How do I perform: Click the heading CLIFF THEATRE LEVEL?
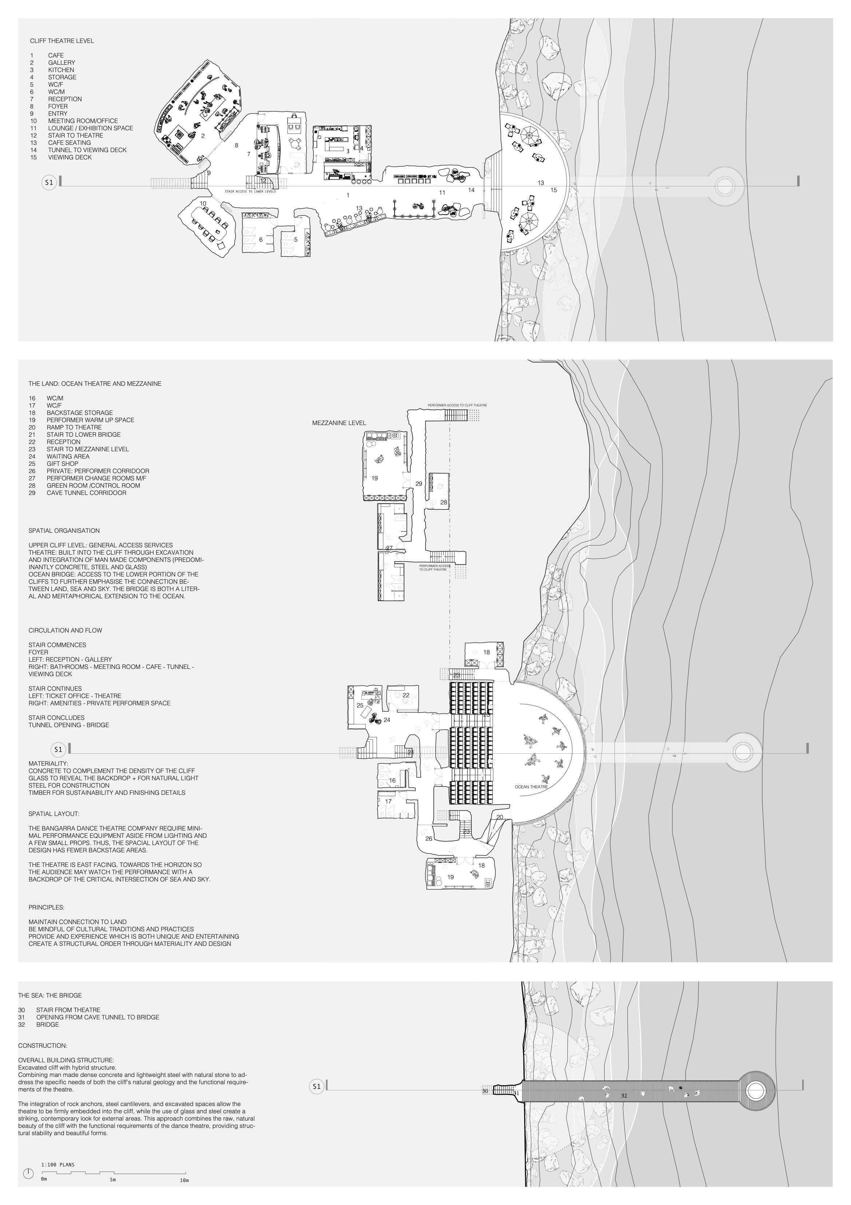[62, 40]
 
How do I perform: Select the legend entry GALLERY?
[62, 63]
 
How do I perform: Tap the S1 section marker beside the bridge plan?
[316, 1086]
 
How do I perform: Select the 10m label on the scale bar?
[184, 1180]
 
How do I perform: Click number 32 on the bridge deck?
[624, 1095]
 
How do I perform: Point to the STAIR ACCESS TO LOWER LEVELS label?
[250, 191]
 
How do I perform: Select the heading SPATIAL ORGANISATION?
[64, 531]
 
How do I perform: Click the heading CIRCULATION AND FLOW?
[65, 630]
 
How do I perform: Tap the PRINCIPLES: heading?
[46, 907]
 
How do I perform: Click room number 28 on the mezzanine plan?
[444, 502]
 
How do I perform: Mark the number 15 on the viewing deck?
[553, 190]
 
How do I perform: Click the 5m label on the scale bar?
[113, 1180]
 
